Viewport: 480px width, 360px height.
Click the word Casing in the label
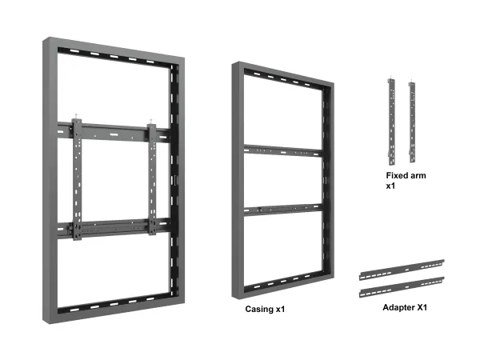pyautogui.click(x=259, y=309)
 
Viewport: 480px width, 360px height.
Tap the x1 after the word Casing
pyautogui.click(x=281, y=309)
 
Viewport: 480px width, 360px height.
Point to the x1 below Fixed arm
pyautogui.click(x=390, y=186)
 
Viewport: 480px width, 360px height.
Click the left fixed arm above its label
pyautogui.click(x=391, y=122)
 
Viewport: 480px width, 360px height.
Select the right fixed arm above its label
pyautogui.click(x=412, y=122)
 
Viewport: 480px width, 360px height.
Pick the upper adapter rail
pyautogui.click(x=402, y=270)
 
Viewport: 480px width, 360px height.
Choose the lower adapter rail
pyautogui.click(x=402, y=287)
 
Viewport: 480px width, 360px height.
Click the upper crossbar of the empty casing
pyautogui.click(x=283, y=151)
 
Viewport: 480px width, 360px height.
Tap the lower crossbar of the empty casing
pyautogui.click(x=283, y=210)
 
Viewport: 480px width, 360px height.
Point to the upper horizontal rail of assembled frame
pyautogui.click(x=114, y=132)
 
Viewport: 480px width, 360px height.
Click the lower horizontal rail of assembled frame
pyautogui.click(x=114, y=228)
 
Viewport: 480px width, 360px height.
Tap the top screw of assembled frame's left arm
pyautogui.click(x=76, y=117)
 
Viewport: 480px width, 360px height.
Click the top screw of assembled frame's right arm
pyautogui.click(x=150, y=122)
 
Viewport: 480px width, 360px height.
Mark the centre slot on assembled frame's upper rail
pyautogui.click(x=114, y=134)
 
